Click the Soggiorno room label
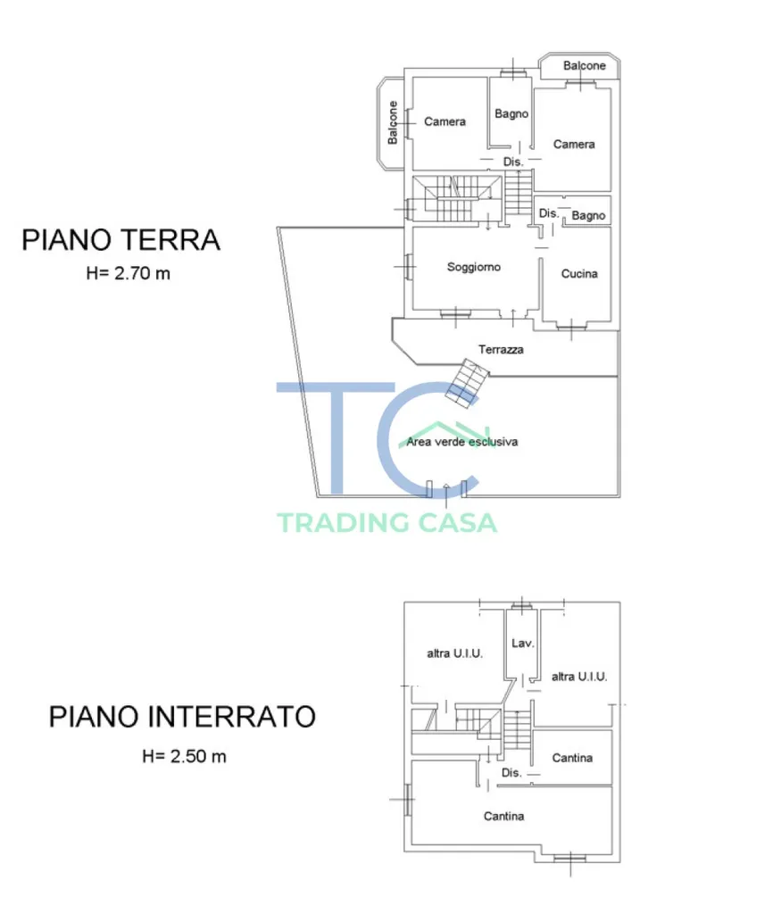point(473,267)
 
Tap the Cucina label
point(579,273)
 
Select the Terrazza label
point(501,349)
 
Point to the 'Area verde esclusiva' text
point(461,442)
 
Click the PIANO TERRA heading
point(121,240)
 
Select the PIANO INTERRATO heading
point(182,717)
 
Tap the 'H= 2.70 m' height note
point(128,273)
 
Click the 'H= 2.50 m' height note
point(184,756)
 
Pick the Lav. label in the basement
point(522,643)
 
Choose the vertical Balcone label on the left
point(393,122)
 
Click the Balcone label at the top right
point(584,66)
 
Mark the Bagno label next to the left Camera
point(511,113)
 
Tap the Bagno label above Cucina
point(588,216)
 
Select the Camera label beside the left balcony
point(445,121)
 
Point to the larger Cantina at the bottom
point(503,816)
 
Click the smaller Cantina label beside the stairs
point(572,758)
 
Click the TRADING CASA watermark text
point(387,522)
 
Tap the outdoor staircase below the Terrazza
point(467,382)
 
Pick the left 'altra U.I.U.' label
point(454,653)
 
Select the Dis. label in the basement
point(511,772)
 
